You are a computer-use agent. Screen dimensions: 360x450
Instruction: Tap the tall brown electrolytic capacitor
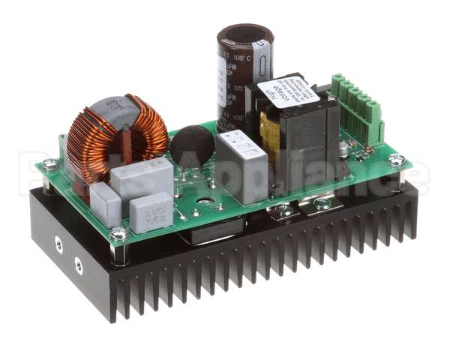pos(244,75)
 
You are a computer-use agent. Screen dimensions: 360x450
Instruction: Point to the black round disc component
pos(193,146)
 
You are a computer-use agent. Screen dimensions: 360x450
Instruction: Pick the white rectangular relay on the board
pos(241,164)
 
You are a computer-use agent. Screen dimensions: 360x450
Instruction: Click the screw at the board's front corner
pos(118,235)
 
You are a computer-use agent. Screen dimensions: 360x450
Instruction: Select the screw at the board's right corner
pos(396,160)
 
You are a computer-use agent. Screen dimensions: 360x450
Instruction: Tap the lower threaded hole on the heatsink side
pos(77,264)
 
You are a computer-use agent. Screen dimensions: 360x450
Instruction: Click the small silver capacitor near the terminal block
pos(343,149)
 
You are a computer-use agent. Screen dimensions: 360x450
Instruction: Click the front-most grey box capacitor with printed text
pos(150,212)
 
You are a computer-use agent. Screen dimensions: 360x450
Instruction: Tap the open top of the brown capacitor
pos(245,37)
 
